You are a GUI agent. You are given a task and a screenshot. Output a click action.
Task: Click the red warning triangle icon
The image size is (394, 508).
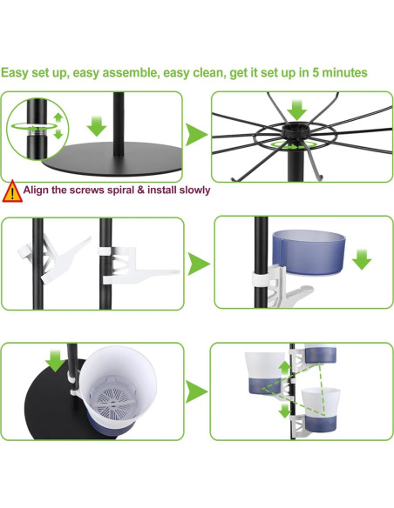11,190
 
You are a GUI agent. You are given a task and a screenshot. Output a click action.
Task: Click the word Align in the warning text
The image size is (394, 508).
38,190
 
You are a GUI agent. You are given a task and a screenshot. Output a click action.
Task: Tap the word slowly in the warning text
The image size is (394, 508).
190,190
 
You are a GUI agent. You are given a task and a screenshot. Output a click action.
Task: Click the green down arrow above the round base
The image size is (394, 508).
97,125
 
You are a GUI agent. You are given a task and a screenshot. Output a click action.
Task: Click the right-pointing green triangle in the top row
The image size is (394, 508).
195,135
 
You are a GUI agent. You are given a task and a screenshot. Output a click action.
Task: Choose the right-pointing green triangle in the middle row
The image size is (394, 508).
199,263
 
